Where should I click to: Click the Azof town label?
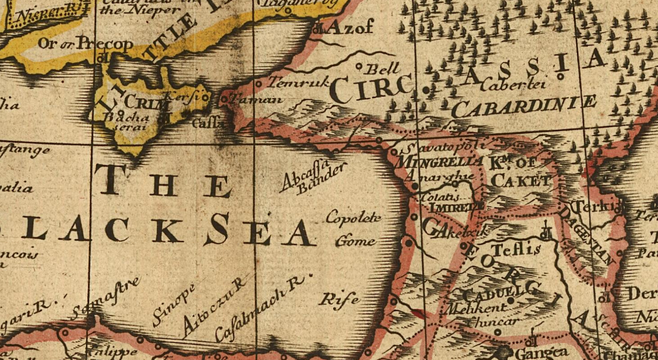point(351,26)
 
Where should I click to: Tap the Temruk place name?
point(299,83)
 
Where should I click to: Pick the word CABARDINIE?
point(524,106)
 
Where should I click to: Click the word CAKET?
point(521,180)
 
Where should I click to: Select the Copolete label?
point(353,216)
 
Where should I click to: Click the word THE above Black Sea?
point(162,181)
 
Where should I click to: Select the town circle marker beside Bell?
point(359,66)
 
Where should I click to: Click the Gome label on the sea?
point(355,241)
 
